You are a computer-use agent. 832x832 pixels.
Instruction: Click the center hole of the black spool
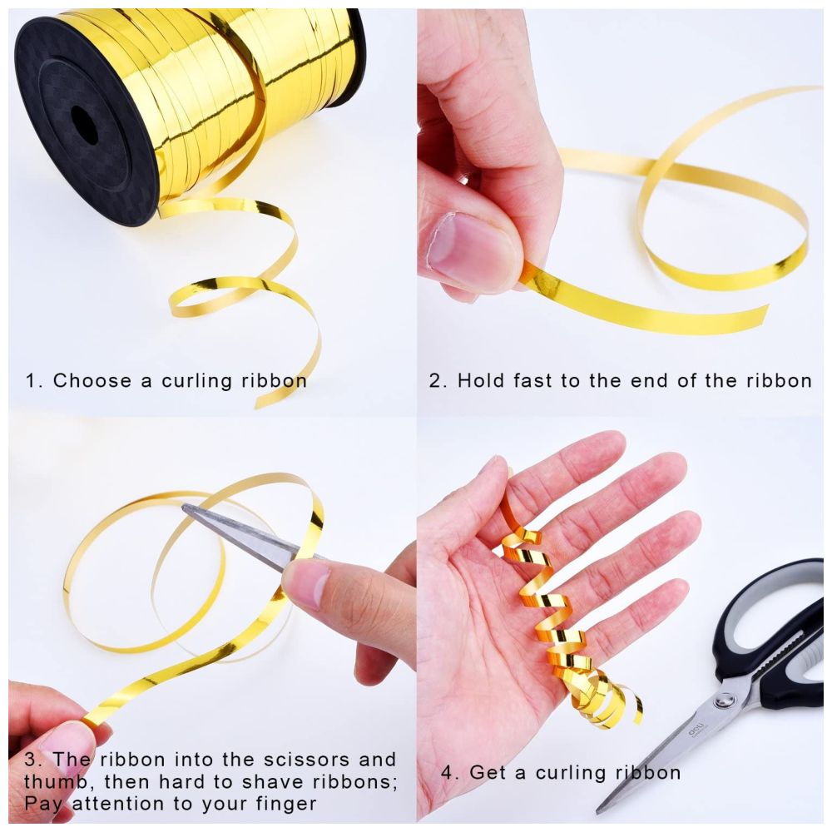coord(85,125)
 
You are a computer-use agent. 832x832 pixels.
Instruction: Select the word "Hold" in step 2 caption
coord(480,380)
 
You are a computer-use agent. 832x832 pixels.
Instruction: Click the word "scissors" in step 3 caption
coord(305,760)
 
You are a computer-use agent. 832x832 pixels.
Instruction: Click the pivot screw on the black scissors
coord(721,702)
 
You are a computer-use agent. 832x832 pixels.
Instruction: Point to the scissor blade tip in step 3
coord(184,508)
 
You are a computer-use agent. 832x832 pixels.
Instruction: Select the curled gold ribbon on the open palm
coord(567,616)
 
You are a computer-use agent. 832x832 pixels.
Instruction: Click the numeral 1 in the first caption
coord(32,380)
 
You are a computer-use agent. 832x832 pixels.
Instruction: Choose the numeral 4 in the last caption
coord(448,773)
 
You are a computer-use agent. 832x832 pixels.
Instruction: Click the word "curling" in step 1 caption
coord(197,381)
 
